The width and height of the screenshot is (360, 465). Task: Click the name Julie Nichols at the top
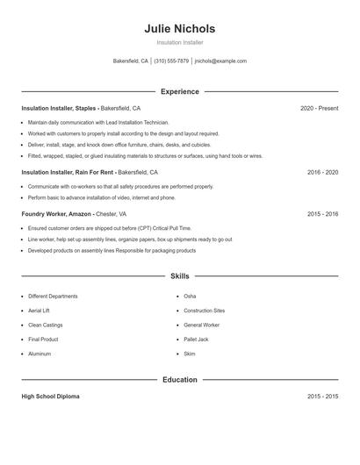(180, 29)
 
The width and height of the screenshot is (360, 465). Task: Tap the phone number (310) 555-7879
(171, 61)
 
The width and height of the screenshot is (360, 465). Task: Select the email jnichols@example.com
(220, 61)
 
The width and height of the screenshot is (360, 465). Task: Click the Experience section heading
(180, 91)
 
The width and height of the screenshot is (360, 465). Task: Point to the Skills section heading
(180, 275)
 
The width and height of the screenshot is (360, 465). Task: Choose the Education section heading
(180, 380)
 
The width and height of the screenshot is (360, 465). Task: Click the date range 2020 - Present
(319, 108)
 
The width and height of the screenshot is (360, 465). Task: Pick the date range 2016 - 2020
(322, 173)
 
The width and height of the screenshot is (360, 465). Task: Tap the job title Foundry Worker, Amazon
(56, 213)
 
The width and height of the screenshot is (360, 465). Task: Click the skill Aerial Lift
(40, 311)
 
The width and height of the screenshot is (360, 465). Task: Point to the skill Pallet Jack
(196, 339)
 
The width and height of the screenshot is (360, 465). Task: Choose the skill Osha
(190, 297)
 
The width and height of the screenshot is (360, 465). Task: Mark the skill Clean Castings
(45, 325)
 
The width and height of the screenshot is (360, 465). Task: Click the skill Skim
(189, 354)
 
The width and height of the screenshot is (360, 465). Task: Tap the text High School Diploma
(50, 397)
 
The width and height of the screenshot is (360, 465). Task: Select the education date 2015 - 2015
(322, 397)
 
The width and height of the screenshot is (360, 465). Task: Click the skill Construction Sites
(204, 311)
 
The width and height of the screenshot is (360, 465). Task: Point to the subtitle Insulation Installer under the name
(180, 42)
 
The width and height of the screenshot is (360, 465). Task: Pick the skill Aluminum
(40, 354)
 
